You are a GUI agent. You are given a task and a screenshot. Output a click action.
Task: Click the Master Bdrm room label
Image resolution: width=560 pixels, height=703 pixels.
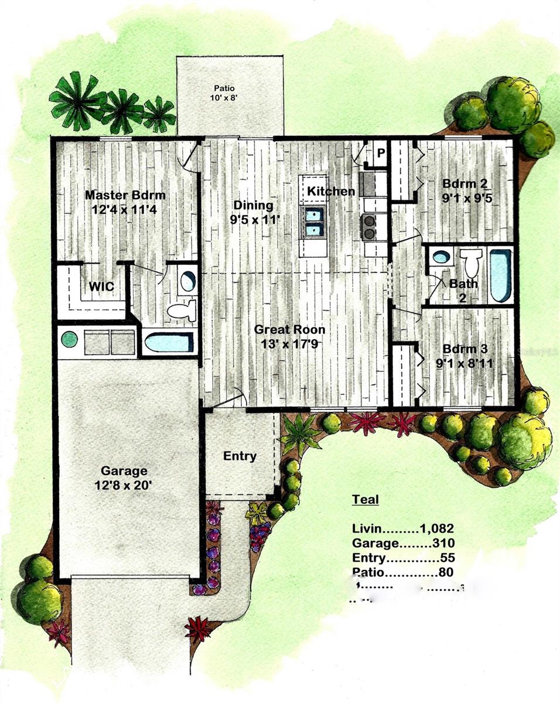coord(125,195)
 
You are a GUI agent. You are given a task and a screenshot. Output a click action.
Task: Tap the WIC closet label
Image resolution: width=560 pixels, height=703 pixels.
coord(101,286)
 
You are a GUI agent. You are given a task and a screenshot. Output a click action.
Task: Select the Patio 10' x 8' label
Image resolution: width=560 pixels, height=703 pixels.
coord(228,93)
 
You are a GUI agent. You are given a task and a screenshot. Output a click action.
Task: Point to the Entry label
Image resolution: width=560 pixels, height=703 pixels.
coord(240,456)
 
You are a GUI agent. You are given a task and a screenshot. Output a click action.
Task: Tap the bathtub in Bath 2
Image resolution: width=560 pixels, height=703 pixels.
coord(500,275)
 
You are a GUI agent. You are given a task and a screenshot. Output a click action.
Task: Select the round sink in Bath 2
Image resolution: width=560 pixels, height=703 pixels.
coord(441,257)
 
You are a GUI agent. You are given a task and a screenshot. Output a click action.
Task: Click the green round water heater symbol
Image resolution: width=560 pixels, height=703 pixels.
coord(70,340)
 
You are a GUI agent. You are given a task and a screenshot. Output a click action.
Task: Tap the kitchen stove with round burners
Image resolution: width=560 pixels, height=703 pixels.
coord(369,227)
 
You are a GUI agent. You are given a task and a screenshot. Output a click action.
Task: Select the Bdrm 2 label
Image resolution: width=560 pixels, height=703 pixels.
coord(467,183)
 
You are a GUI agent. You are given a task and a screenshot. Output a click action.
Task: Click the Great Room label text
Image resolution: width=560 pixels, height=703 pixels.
coord(289,330)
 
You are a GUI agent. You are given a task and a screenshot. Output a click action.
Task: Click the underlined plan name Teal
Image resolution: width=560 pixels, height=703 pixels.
coord(365,500)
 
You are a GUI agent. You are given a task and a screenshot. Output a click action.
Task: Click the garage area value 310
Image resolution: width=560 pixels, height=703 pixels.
coord(444,542)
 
